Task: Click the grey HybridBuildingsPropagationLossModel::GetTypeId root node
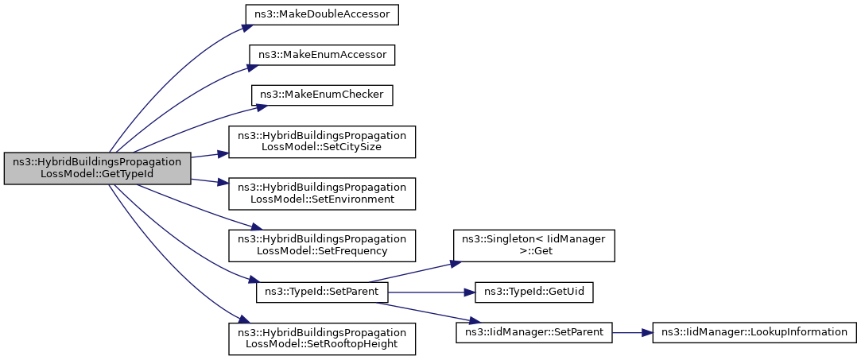click(97, 168)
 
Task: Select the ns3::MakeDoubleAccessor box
click(322, 14)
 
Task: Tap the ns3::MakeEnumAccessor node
click(322, 55)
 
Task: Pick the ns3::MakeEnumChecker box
click(322, 96)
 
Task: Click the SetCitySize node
click(322, 142)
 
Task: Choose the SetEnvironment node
click(322, 194)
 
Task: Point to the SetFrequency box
click(322, 246)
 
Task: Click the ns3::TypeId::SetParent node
click(322, 292)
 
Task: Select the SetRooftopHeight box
click(322, 339)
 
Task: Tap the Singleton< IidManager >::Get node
click(533, 246)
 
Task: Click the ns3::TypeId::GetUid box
click(533, 292)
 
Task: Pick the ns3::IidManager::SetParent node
click(533, 333)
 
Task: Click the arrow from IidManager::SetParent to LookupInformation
click(632, 333)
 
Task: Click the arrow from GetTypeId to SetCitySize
click(209, 155)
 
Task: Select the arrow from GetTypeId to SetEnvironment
click(209, 182)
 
